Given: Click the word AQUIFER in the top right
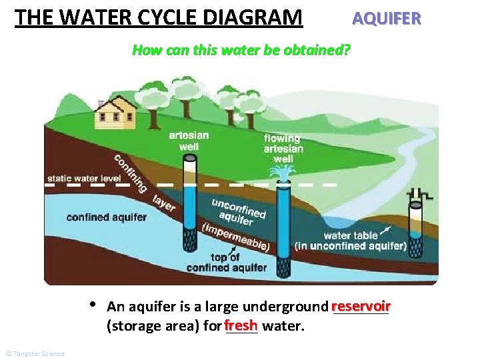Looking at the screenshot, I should point(387,18).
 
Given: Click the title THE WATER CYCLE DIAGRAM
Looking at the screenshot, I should point(159,17).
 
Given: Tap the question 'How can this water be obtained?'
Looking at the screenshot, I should point(241,50).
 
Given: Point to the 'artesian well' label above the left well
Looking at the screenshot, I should point(189,140).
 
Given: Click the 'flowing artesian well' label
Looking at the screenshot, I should point(283,149).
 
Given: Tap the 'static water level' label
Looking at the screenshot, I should point(83,179).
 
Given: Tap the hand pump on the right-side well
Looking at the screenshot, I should point(418,194).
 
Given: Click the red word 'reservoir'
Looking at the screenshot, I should point(360,306).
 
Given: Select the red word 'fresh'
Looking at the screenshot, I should point(241,325).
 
